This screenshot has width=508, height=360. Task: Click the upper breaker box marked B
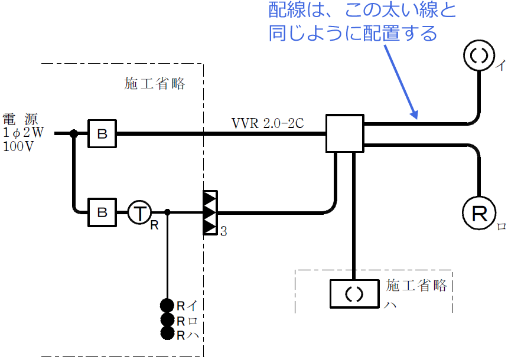click(x=102, y=134)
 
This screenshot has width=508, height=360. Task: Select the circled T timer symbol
click(x=139, y=212)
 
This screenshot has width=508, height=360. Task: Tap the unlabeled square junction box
click(x=344, y=134)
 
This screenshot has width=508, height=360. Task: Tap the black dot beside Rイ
click(x=167, y=305)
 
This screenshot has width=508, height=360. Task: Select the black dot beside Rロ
click(x=167, y=319)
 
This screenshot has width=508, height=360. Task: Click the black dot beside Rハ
click(x=167, y=333)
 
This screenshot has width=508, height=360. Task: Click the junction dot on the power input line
click(x=74, y=134)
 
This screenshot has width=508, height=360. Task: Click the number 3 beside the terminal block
click(x=223, y=232)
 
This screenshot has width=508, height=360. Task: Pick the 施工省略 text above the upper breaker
click(x=155, y=84)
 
